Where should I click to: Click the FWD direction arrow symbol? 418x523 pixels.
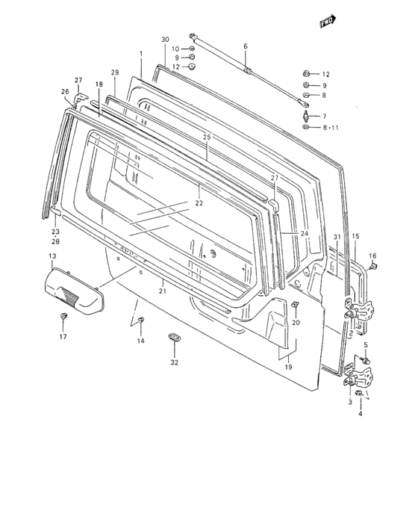click(326, 22)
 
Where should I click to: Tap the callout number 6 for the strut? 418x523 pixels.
click(245, 46)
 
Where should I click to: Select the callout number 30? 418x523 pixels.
click(165, 39)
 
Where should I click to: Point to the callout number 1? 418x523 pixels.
click(140, 55)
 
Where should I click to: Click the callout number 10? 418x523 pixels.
click(175, 49)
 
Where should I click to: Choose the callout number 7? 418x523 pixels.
click(323, 117)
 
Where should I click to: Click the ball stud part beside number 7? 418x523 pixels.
click(306, 117)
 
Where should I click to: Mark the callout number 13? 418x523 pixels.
click(52, 257)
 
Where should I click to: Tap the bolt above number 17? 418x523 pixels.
click(63, 319)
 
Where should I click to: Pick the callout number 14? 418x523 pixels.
click(140, 341)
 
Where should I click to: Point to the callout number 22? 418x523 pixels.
click(199, 203)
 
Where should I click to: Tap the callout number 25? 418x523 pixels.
click(207, 137)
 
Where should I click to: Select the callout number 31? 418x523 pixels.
click(337, 238)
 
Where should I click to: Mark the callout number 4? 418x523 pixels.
click(361, 412)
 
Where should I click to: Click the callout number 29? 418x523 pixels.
click(115, 72)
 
